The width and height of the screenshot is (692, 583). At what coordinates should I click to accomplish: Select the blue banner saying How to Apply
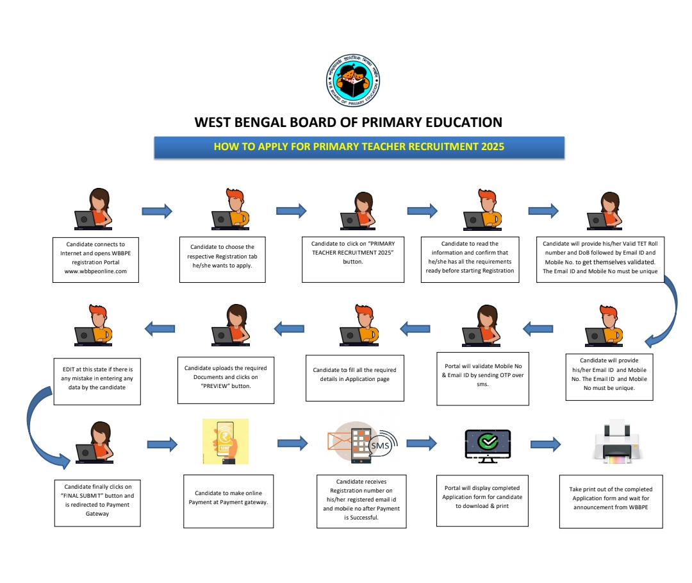tap(359, 147)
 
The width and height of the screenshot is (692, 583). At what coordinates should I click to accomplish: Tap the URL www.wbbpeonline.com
tap(96, 271)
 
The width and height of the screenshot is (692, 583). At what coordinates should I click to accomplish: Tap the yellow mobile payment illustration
tap(225, 442)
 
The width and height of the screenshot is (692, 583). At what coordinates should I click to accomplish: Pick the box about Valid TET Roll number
tap(600, 257)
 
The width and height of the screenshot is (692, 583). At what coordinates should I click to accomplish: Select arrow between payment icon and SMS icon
tap(292, 443)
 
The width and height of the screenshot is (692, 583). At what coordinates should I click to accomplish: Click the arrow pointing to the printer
tap(545, 443)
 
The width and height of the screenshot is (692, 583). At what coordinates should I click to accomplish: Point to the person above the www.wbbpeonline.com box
tap(95, 210)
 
